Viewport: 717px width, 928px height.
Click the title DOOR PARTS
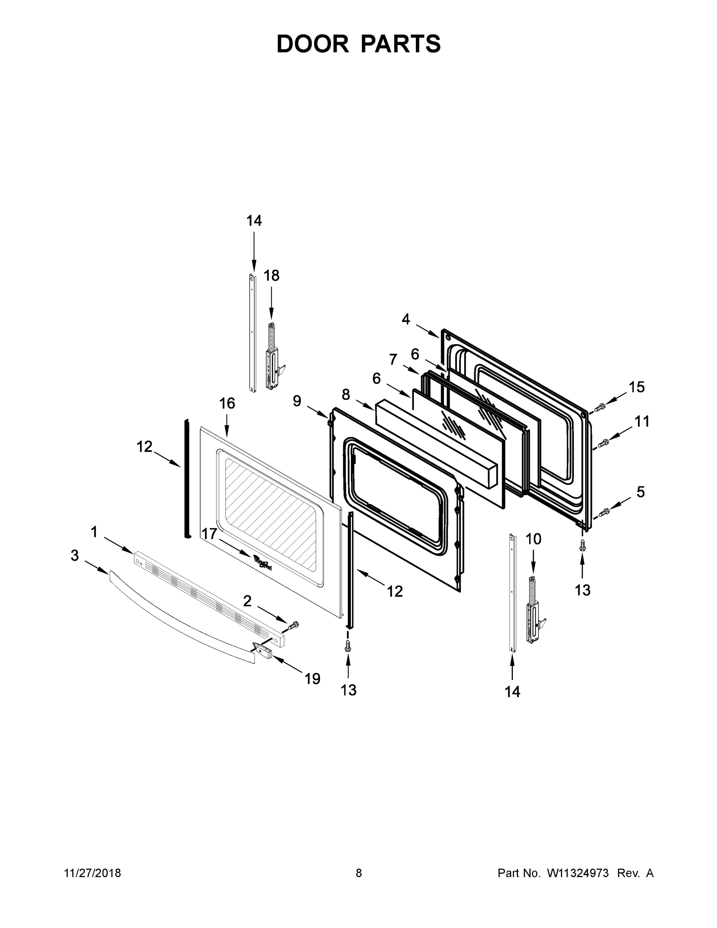coord(359,44)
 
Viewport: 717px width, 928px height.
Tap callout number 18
coord(271,276)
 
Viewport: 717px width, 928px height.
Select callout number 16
coord(227,403)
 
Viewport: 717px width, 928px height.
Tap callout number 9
coord(297,401)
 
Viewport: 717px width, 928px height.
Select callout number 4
coord(405,319)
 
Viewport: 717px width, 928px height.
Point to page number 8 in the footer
coord(359,873)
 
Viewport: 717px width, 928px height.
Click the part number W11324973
coord(578,873)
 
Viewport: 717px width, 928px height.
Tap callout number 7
coord(393,360)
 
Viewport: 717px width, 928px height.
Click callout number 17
coord(209,534)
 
